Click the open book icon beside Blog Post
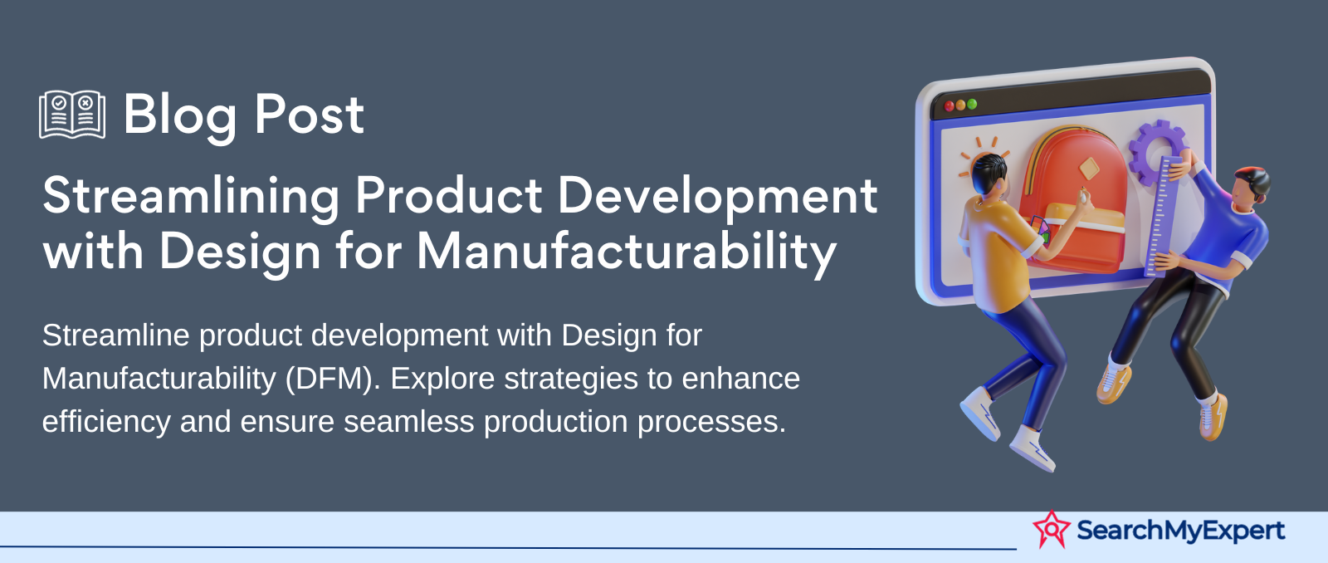click(x=72, y=115)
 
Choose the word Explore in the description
click(x=442, y=379)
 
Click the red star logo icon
click(x=1051, y=529)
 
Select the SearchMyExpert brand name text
click(x=1180, y=531)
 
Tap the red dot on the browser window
click(x=950, y=106)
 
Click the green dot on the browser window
click(x=972, y=105)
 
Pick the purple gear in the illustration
click(x=1155, y=152)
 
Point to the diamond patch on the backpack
click(x=1089, y=169)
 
